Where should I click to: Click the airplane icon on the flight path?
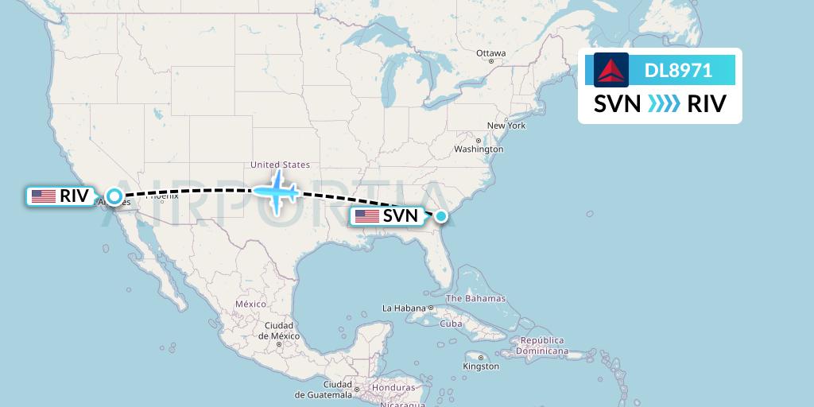[x=275, y=191]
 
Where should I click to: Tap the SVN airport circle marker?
[x=441, y=215]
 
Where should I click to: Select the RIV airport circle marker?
[x=114, y=196]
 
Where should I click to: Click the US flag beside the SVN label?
[x=367, y=215]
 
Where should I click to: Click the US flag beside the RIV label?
[x=43, y=196]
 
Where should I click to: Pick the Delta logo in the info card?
[x=611, y=70]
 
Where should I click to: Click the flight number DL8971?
[x=678, y=71]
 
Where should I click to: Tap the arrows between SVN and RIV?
[x=664, y=104]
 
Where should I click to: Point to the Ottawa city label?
[x=490, y=53]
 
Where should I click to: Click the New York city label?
[x=506, y=126]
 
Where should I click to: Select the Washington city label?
[x=479, y=149]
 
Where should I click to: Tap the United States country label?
[x=280, y=165]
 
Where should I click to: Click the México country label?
[x=250, y=304]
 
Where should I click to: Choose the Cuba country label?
[x=451, y=324]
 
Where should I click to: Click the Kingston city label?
[x=481, y=366]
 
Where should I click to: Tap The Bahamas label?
[x=475, y=299]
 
